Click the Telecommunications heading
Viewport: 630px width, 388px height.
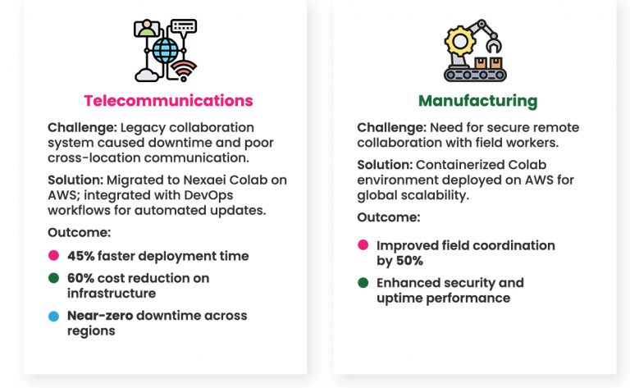point(168,101)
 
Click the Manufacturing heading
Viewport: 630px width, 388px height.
point(477,101)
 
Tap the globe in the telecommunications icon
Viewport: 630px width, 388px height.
point(165,52)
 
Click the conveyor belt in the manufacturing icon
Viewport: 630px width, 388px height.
point(476,73)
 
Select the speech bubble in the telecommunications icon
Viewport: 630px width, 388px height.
point(183,26)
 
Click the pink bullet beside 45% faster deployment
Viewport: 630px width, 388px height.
point(54,255)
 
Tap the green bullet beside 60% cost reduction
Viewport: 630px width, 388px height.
point(54,278)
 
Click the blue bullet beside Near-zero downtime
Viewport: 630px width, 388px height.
point(54,315)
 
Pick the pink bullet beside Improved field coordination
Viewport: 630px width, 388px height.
point(363,245)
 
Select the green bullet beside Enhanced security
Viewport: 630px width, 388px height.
point(363,283)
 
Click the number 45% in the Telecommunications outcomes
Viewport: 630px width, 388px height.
point(82,255)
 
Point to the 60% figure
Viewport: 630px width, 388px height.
point(82,278)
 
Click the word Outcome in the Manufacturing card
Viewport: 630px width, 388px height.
point(388,217)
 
